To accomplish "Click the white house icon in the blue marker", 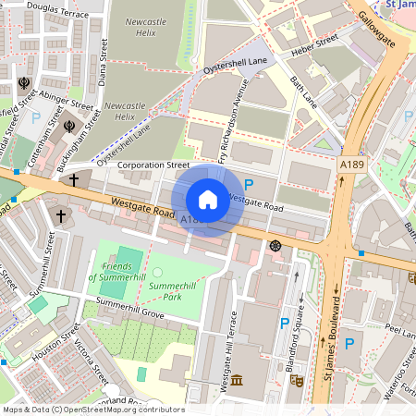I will [208, 200].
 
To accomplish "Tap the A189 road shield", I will [350, 165].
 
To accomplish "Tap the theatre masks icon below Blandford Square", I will [297, 380].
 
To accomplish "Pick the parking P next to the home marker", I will [248, 185].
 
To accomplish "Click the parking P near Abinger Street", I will [36, 118].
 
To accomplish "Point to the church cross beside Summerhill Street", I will [62, 216].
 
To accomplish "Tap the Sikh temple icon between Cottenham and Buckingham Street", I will [68, 125].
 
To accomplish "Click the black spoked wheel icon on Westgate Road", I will [275, 245].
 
